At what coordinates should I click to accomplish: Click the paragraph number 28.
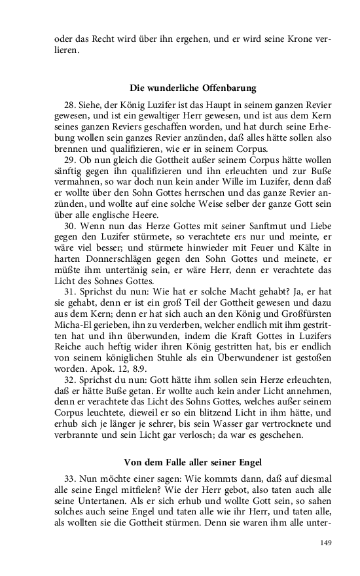[71, 105]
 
